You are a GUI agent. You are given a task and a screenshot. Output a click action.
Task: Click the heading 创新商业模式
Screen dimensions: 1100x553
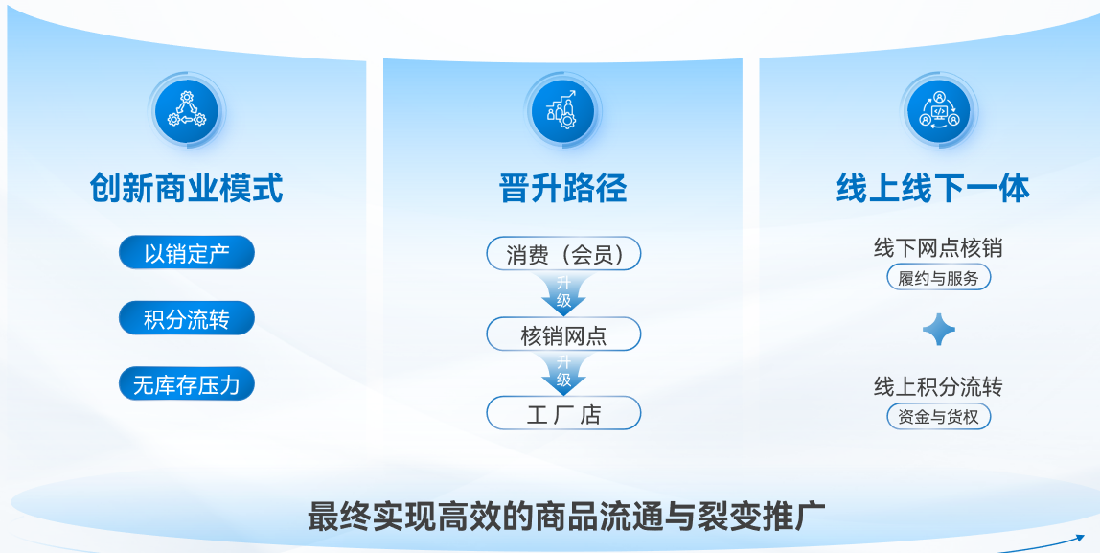pos(187,188)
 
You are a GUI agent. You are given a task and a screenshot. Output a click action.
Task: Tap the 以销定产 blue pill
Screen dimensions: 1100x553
pos(187,253)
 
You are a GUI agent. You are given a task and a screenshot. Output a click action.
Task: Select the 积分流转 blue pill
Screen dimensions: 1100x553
pos(187,318)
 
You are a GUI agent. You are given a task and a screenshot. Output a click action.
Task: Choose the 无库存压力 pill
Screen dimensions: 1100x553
pos(187,384)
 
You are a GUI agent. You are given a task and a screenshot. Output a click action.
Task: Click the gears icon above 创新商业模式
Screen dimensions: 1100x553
pos(187,110)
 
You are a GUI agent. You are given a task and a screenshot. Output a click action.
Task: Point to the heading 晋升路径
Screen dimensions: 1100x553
pos(563,188)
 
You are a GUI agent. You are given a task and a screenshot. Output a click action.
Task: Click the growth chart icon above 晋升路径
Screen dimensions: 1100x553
pos(562,110)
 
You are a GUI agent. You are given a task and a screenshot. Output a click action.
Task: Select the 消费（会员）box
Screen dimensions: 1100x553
pos(563,253)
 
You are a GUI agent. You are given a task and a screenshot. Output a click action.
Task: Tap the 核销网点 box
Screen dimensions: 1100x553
pos(563,334)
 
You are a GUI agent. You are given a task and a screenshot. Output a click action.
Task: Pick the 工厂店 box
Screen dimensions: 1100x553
pos(563,413)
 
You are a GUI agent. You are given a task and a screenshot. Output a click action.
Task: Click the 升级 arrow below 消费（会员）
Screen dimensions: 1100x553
pos(563,293)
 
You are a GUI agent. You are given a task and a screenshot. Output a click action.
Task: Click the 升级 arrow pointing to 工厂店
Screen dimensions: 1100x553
pos(563,373)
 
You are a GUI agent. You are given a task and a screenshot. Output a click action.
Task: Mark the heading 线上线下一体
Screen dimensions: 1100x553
pos(933,188)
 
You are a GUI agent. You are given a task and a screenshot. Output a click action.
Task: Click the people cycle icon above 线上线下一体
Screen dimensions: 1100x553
pos(939,110)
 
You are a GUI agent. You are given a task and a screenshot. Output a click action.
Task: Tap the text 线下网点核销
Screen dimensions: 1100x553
pos(938,247)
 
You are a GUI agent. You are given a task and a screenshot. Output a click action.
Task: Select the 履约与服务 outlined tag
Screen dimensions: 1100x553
pos(939,277)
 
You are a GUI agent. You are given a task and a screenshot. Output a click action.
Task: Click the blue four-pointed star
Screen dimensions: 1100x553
pos(939,330)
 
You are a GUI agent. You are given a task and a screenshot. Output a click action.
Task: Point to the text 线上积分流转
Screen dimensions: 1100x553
pos(938,386)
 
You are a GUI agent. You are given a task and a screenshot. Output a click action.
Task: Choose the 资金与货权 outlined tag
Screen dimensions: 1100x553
pos(939,416)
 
